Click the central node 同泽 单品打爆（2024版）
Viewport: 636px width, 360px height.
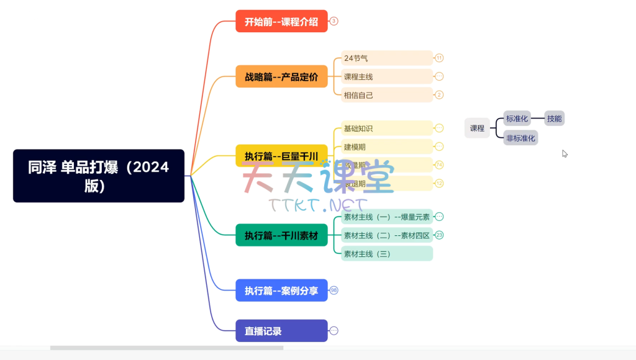pyautogui.click(x=98, y=176)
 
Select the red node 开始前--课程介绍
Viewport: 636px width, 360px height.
pyautogui.click(x=281, y=21)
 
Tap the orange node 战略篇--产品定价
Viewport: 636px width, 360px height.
pyautogui.click(x=281, y=77)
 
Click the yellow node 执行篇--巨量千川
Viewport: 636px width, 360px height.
pyautogui.click(x=281, y=156)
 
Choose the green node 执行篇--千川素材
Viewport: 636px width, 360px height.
pyautogui.click(x=281, y=235)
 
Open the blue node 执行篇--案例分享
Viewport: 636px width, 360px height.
pyautogui.click(x=281, y=290)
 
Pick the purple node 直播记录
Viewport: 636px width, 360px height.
pyautogui.click(x=281, y=331)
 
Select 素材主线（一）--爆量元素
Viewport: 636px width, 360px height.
pyautogui.click(x=386, y=217)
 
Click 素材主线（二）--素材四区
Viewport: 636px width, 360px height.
pyautogui.click(x=386, y=235)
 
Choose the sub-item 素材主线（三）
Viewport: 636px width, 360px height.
pyautogui.click(x=386, y=253)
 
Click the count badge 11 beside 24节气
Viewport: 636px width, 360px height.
pyautogui.click(x=439, y=58)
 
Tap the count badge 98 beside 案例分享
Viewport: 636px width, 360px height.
pyautogui.click(x=334, y=290)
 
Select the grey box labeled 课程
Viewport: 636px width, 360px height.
pyautogui.click(x=477, y=128)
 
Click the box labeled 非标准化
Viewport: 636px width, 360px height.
pyautogui.click(x=520, y=138)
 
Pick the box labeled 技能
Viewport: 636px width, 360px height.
pyautogui.click(x=554, y=119)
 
